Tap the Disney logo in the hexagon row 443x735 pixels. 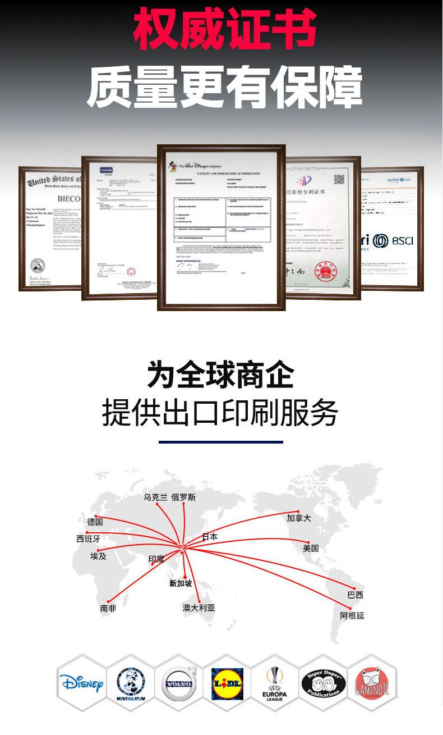pos(81,683)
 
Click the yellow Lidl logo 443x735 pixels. pos(227,684)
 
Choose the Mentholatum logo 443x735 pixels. pos(130,683)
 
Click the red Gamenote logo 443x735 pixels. pos(372,684)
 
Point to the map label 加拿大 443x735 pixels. pos(298,518)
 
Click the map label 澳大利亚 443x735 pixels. pos(199,608)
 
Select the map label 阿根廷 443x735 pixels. pos(352,615)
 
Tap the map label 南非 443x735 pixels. pos(108,608)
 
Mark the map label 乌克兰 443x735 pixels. pos(155,497)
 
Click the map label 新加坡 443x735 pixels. pos(181,583)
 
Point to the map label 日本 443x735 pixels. pos(210,537)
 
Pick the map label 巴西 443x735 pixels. pos(355,595)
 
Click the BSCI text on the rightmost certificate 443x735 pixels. pos(402,241)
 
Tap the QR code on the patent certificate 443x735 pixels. pos(339,180)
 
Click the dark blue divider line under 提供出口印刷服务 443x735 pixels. pos(221,442)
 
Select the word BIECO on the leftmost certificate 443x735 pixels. pos(69,199)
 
